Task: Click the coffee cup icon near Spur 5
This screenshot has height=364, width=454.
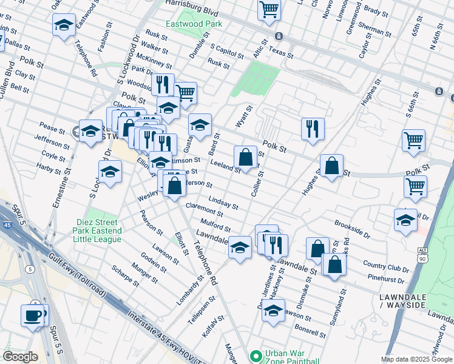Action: pyautogui.click(x=32, y=315)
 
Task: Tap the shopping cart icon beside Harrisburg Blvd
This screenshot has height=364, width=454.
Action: pyautogui.click(x=269, y=10)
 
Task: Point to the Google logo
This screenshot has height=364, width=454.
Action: pyautogui.click(x=20, y=357)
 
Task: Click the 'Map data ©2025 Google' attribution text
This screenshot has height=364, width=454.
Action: pyautogui.click(x=416, y=359)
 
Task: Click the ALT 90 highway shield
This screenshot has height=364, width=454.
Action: pyautogui.click(x=423, y=251)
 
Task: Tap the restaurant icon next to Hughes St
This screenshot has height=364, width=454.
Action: pyautogui.click(x=313, y=128)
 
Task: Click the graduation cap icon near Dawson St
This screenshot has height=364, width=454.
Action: pyautogui.click(x=274, y=311)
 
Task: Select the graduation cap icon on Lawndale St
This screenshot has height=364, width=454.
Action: pyautogui.click(x=240, y=248)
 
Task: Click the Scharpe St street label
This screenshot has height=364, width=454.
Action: pyautogui.click(x=125, y=275)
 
